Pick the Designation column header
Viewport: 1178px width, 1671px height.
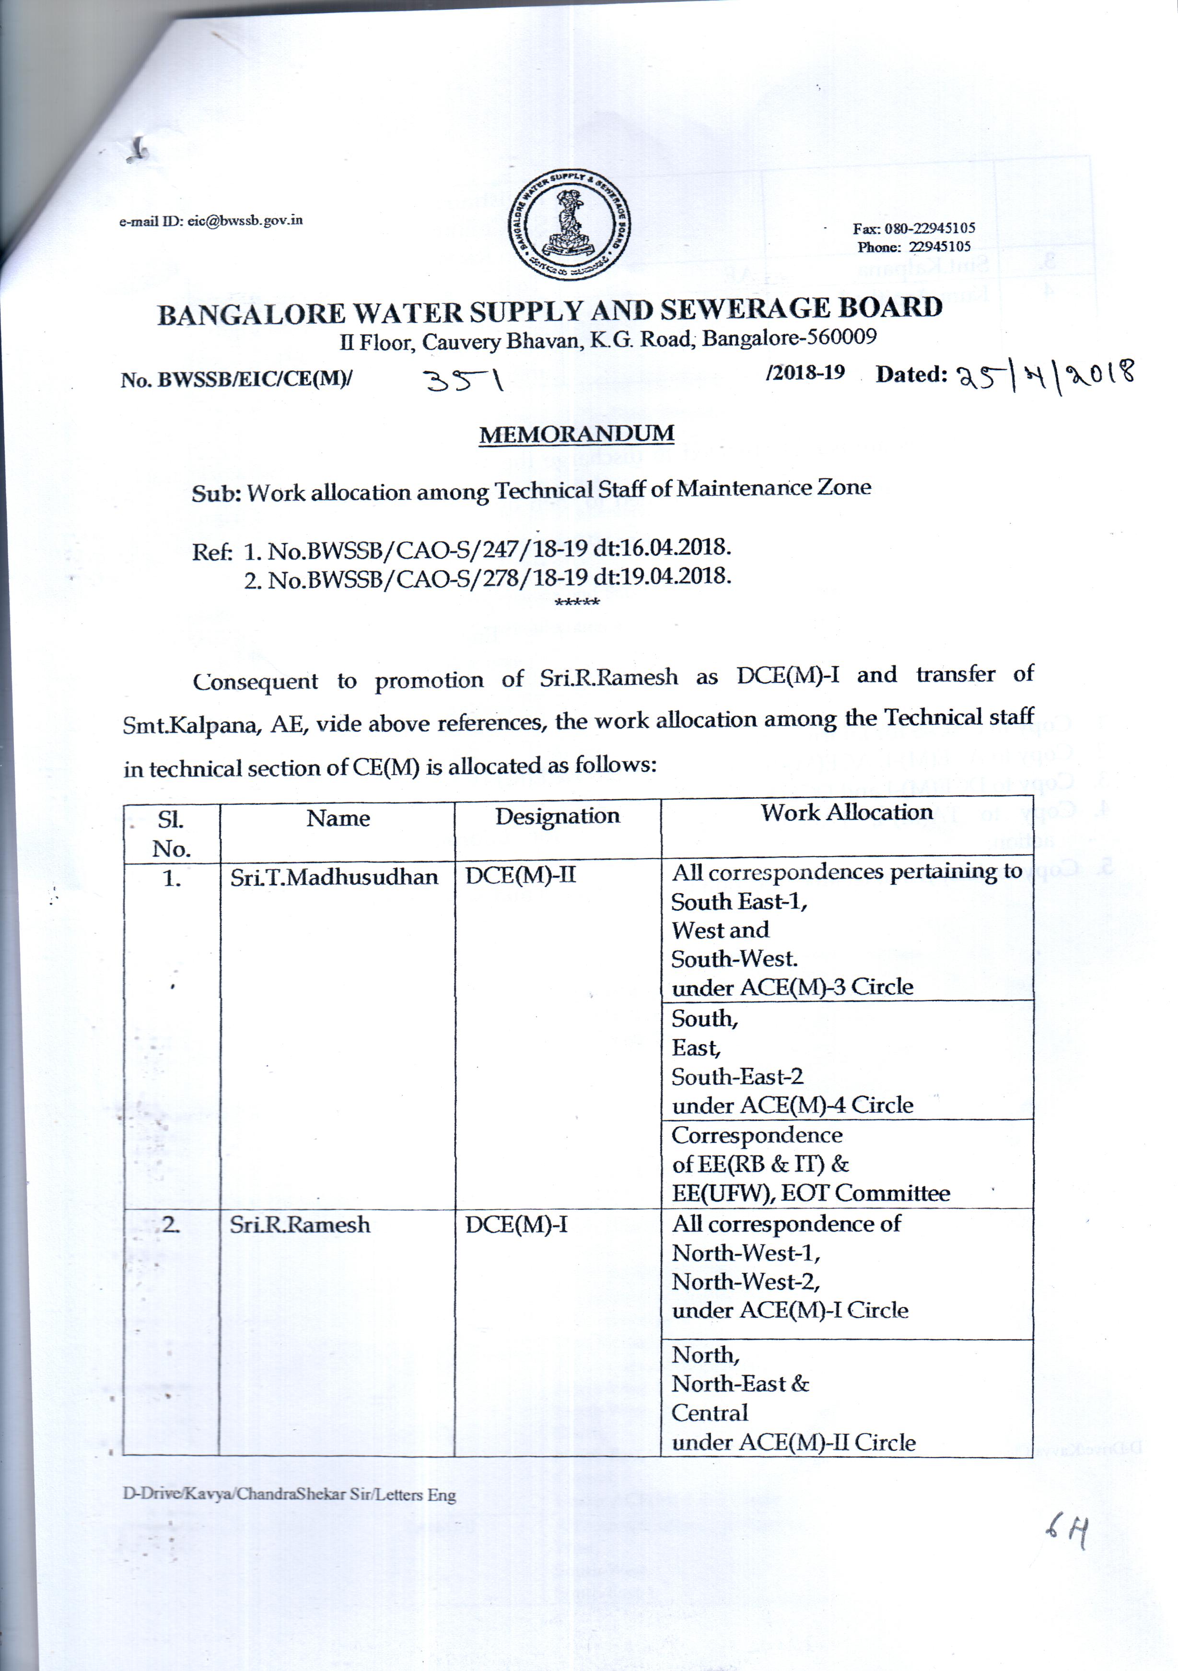point(557,817)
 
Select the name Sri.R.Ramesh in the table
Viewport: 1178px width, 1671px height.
point(300,1225)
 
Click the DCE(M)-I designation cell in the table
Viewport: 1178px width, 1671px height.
point(516,1225)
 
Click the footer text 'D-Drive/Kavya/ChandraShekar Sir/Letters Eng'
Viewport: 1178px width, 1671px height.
point(289,1495)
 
